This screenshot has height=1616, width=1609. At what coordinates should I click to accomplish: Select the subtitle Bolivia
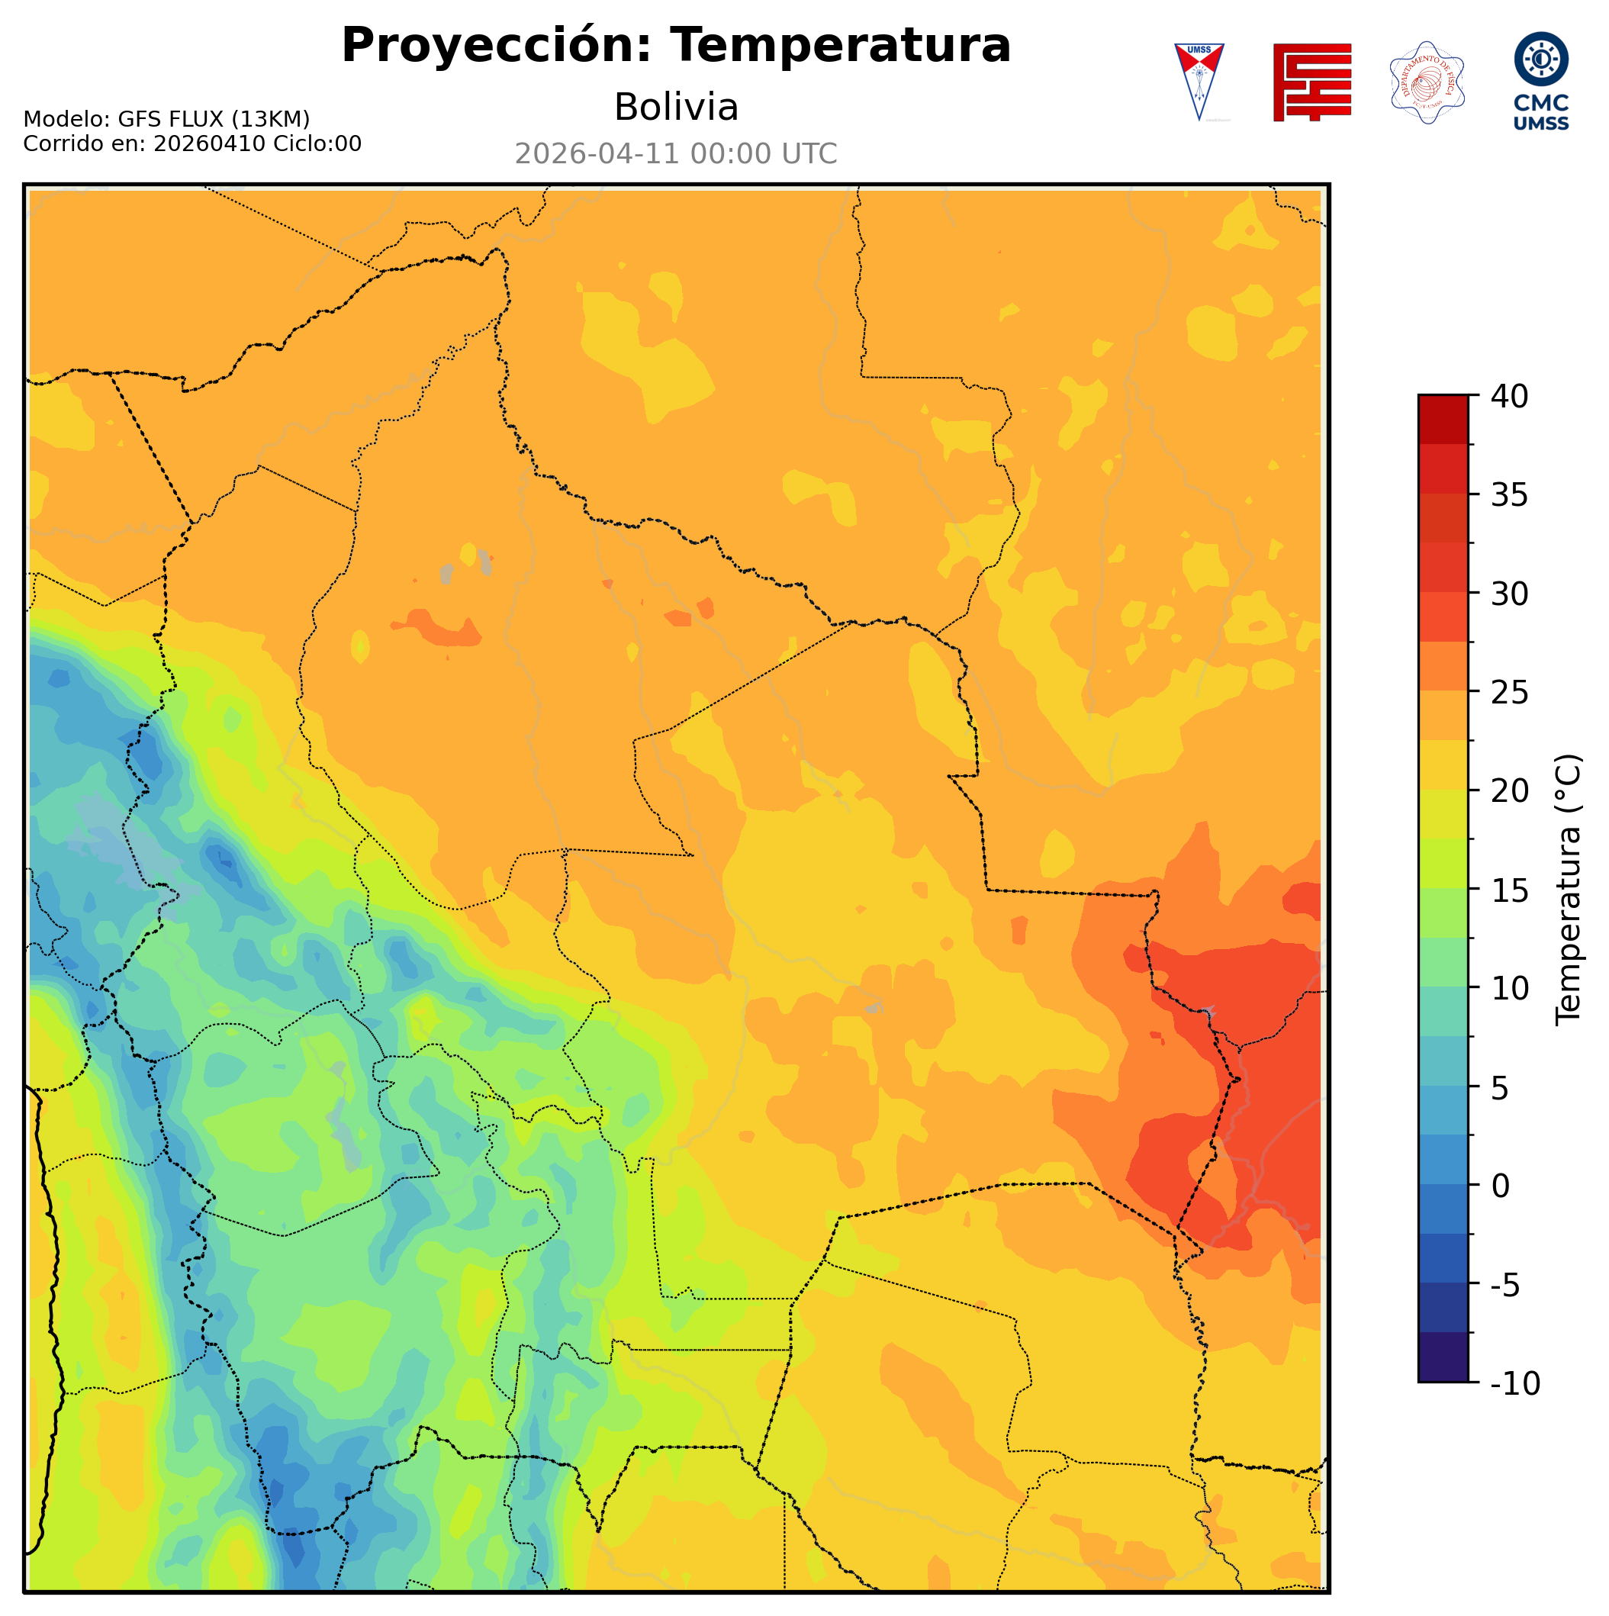[676, 107]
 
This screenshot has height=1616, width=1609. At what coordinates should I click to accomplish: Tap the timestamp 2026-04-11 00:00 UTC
[676, 154]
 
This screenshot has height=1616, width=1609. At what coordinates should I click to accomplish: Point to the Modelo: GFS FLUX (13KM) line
[166, 119]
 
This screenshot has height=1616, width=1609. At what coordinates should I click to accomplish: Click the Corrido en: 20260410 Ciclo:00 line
[192, 144]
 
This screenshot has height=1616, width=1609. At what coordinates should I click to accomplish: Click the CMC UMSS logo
[1540, 81]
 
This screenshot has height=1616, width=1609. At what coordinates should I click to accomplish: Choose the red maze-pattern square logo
[1311, 82]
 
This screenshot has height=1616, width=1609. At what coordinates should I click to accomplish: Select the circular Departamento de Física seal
[1426, 82]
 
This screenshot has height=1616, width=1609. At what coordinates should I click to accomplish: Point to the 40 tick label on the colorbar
[1510, 397]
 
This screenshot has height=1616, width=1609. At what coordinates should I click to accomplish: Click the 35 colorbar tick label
[1510, 495]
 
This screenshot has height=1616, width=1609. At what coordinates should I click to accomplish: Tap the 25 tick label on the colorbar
[1510, 693]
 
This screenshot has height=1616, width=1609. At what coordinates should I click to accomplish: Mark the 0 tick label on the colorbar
[1501, 1186]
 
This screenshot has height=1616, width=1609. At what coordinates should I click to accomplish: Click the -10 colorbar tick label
[1514, 1384]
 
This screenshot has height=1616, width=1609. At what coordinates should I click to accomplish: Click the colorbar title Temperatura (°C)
[1569, 890]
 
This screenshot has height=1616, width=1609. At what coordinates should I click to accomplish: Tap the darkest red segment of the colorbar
[1443, 418]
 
